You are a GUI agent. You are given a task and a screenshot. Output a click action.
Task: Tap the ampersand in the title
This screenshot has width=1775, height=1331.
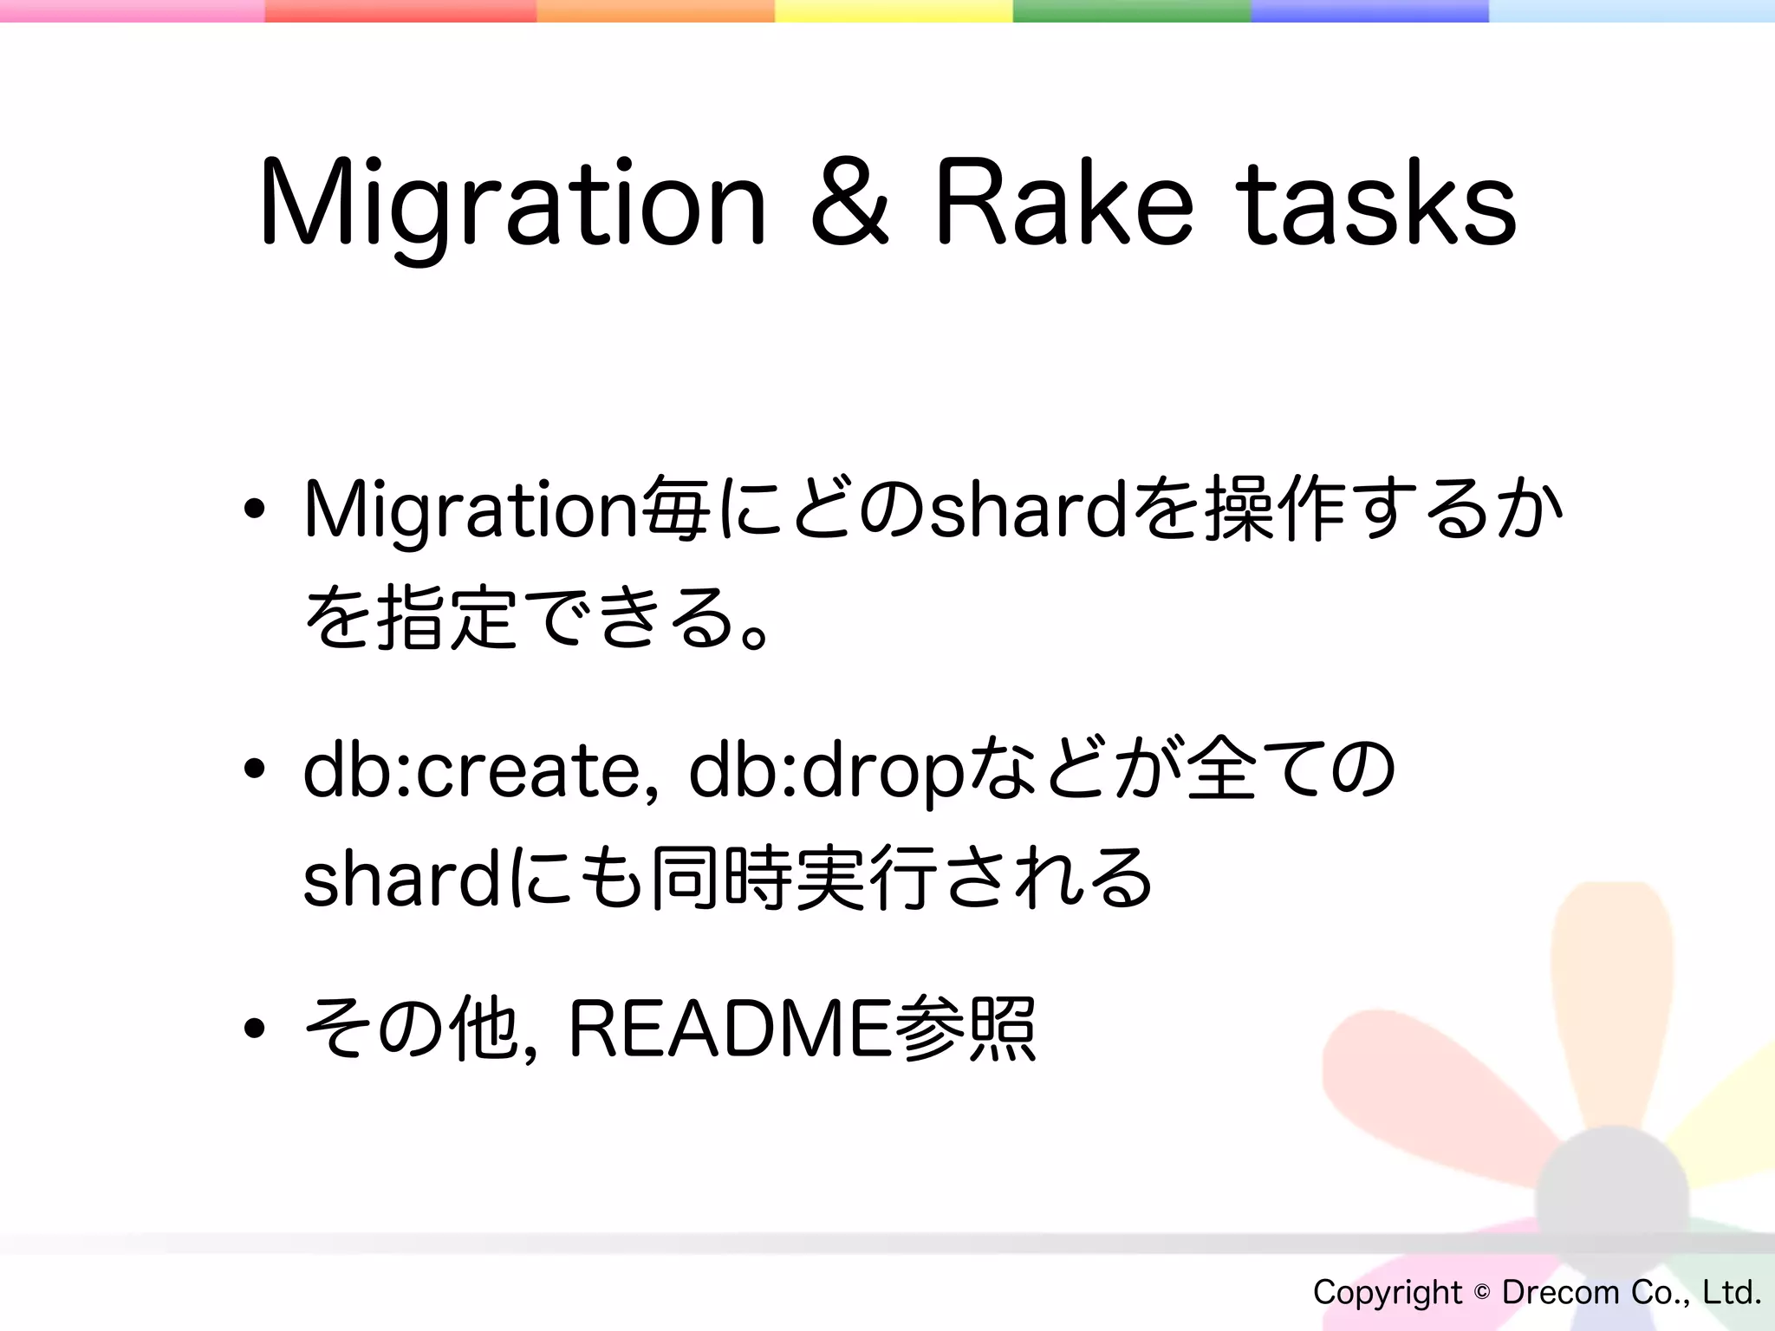849,205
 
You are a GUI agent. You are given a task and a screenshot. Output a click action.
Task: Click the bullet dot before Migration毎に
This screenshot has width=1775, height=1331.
254,511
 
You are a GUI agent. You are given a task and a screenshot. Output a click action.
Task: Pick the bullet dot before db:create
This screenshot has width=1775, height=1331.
254,769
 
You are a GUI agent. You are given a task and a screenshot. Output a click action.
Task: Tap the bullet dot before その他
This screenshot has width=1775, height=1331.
254,1029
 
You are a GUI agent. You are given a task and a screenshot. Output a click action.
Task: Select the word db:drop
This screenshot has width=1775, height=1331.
826,770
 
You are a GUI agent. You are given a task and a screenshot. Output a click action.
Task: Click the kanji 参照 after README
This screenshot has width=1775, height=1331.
966,1029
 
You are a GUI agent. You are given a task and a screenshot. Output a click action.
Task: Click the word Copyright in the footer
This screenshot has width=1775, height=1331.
1387,1293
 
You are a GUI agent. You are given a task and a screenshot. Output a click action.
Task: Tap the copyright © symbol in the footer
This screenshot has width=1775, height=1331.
1481,1292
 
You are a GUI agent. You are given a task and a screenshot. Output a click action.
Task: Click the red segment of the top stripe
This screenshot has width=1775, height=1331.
400,10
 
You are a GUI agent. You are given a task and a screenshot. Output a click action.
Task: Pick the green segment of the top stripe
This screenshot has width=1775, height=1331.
1131,10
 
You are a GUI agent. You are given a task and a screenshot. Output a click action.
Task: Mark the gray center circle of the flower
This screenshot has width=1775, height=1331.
1612,1200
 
